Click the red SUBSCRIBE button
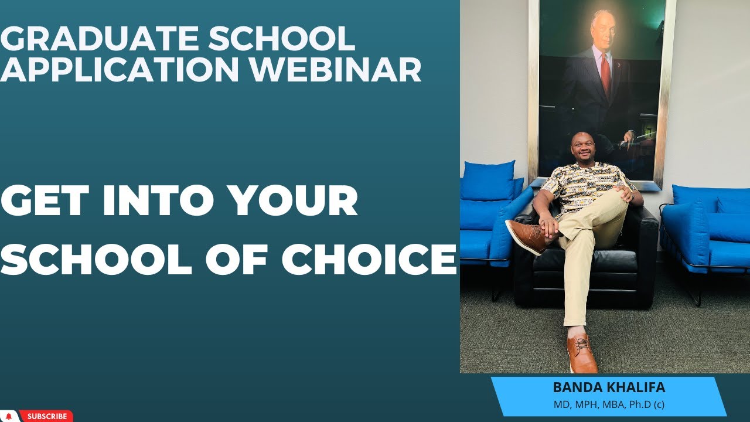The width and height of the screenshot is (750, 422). (x=46, y=416)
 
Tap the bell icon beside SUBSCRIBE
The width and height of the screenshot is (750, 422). (x=9, y=416)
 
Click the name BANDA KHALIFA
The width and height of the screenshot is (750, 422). (x=609, y=387)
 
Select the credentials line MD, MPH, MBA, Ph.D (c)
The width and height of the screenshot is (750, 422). (x=609, y=404)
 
